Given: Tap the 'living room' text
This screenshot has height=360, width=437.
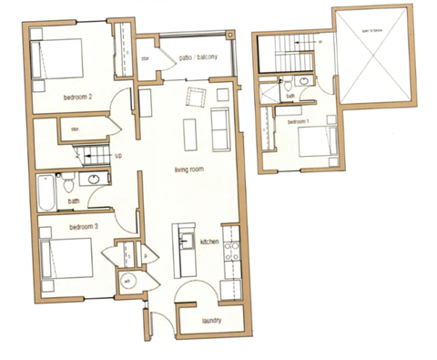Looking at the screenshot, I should coord(193,170).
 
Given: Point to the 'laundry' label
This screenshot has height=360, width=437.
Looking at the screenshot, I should coord(216,319).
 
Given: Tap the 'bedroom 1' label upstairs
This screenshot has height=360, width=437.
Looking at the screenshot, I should coord(300,121).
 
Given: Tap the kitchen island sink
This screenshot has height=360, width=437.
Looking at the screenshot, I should coord(186,241).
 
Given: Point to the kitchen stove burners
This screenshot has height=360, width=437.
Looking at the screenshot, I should coord(231,250).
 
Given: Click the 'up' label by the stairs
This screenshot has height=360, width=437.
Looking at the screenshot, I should coord(118,157).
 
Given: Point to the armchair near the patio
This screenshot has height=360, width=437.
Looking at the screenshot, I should coord(197,97).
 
